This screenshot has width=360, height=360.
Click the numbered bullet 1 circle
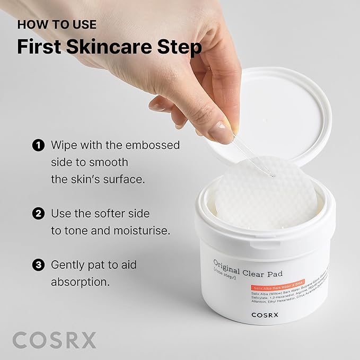point(38,145)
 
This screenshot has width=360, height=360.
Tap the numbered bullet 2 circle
point(38,214)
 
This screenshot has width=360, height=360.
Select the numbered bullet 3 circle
point(38,264)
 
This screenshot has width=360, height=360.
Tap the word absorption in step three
point(80,282)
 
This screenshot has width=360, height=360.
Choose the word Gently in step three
point(69,264)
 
